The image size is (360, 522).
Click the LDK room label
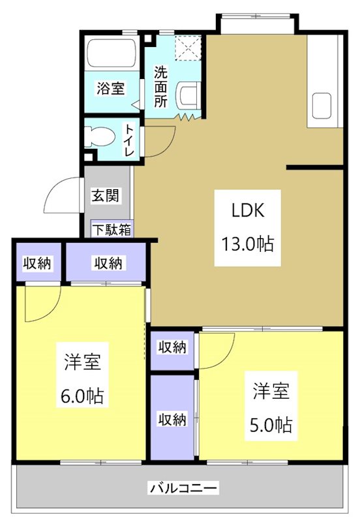coord(247,211)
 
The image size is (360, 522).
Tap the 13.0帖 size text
coord(247,244)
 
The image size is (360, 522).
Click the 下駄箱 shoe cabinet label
coord(110,229)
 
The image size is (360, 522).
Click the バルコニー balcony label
coord(183,487)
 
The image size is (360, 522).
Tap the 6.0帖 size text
coord(82,396)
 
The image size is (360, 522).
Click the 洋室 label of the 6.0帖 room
coord(82,363)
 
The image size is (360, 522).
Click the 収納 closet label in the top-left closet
coord(38,263)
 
